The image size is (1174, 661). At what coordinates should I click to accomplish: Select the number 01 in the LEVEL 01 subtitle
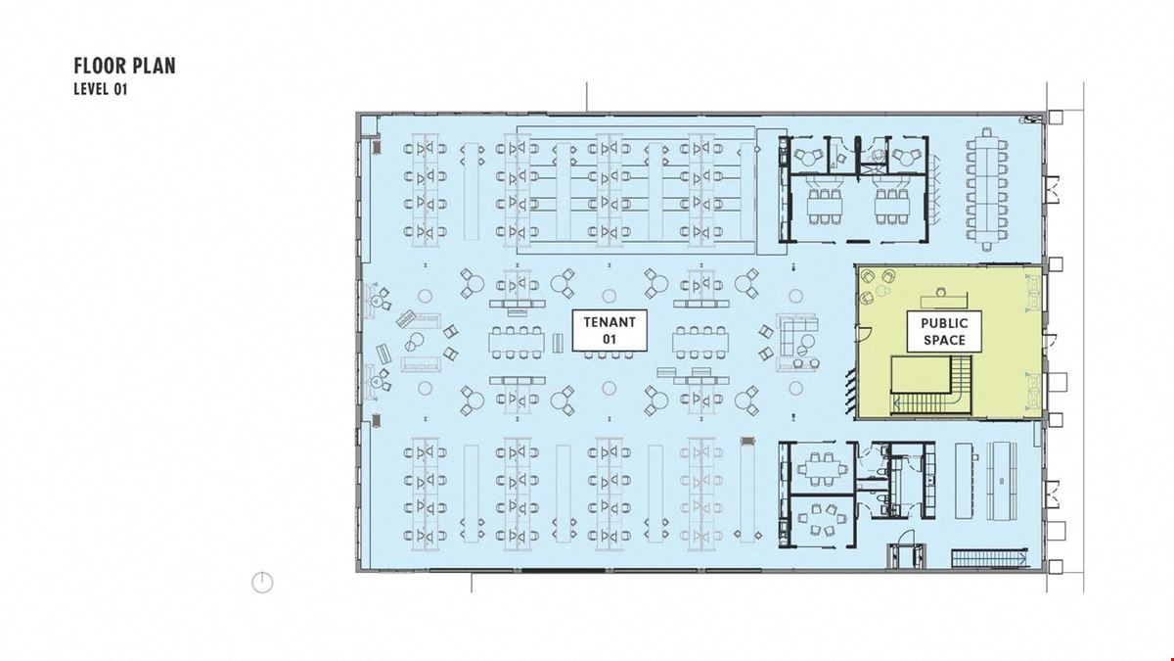[119, 89]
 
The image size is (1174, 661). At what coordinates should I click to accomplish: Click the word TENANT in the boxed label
[610, 322]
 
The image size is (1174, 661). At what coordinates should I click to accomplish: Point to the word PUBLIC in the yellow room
[944, 323]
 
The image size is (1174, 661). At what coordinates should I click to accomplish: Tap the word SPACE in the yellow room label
[944, 340]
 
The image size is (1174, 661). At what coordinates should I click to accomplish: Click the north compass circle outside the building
[262, 583]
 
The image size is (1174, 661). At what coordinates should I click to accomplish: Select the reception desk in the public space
[944, 300]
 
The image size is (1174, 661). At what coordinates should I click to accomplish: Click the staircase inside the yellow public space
[932, 386]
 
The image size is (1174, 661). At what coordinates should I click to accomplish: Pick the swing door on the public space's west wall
[864, 334]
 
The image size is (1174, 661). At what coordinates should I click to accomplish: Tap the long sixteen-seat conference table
[987, 188]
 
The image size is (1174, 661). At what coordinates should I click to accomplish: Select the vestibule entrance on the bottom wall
[908, 556]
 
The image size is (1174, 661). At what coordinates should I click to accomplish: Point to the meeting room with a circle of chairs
[821, 519]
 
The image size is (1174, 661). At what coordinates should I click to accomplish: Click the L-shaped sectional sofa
[796, 335]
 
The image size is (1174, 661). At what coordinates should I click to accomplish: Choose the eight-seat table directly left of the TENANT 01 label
[517, 342]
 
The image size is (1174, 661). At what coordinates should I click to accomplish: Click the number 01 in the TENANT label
[609, 340]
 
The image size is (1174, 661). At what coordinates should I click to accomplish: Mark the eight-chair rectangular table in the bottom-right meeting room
[821, 468]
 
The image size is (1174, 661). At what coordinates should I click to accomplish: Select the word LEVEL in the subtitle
[91, 89]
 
